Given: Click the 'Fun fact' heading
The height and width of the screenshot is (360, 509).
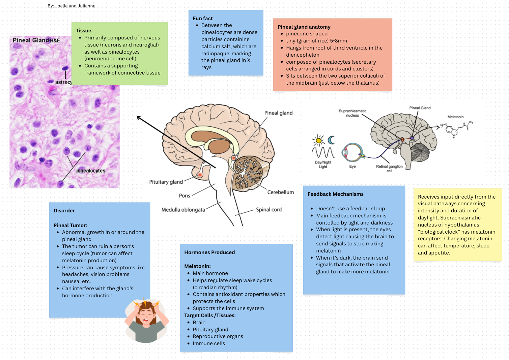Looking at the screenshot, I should point(203,19).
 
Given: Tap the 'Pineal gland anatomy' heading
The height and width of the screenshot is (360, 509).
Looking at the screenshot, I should point(304,27).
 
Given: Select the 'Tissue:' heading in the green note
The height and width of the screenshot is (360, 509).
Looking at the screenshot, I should point(84,31).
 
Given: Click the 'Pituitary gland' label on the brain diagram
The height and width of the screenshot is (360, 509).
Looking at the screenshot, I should point(166,182).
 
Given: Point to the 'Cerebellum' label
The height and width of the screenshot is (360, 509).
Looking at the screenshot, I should point(280,192).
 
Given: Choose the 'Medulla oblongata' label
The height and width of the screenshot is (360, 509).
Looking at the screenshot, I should point(183,210).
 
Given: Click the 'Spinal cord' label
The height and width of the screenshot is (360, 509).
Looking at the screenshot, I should point(268,210).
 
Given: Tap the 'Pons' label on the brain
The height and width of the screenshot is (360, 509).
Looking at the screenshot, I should point(185,196).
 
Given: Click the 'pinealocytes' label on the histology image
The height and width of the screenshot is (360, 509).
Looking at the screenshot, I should point(91,171).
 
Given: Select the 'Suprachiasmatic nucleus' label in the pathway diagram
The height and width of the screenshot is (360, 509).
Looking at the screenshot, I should point(352,113).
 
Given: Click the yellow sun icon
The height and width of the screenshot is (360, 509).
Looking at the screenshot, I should point(318,140).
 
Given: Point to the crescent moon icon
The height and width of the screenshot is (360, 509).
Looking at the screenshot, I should point(332,140).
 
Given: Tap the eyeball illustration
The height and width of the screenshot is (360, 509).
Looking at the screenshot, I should point(352,152).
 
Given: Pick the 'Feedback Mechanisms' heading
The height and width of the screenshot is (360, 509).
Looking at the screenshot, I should point(335,194).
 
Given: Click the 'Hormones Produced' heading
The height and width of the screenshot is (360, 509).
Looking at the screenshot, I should point(209,252).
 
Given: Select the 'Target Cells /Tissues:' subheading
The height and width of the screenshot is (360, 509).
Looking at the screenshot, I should point(210,316).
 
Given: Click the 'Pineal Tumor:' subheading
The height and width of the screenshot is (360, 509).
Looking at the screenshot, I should point(70,226).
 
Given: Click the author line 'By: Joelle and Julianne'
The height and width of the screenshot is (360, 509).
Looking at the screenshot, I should point(72,6).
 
